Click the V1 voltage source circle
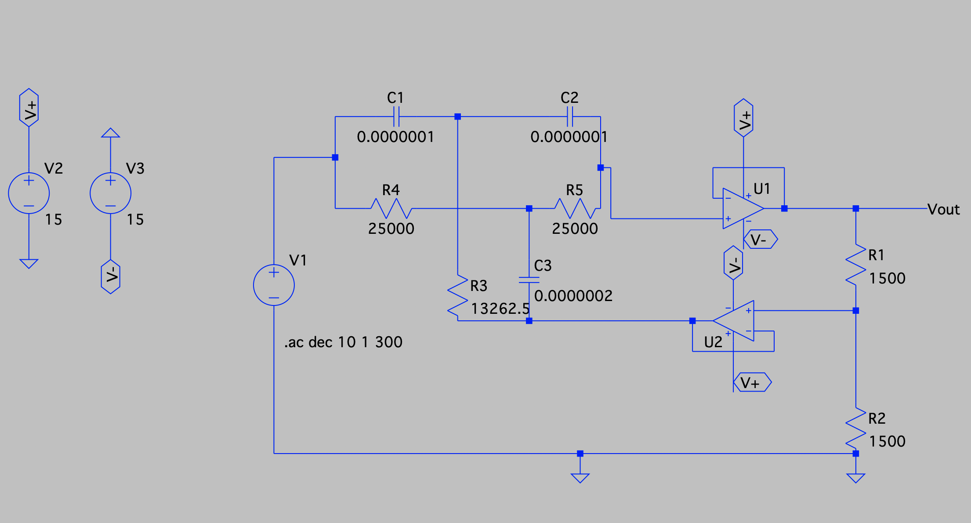tap(274, 285)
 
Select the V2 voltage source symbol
tap(29, 193)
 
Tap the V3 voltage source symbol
tap(110, 193)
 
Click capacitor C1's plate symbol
tap(396, 117)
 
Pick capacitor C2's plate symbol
tap(569, 117)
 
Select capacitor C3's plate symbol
tap(529, 280)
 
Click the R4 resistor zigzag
tap(391, 208)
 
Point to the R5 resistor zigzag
tap(575, 208)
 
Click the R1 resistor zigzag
tap(855, 265)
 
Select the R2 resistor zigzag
tap(855, 429)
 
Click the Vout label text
tap(943, 210)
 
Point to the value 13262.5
tap(500, 309)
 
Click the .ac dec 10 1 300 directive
tap(343, 342)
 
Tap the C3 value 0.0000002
tap(573, 296)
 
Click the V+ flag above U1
tap(743, 118)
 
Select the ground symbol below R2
tap(855, 478)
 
